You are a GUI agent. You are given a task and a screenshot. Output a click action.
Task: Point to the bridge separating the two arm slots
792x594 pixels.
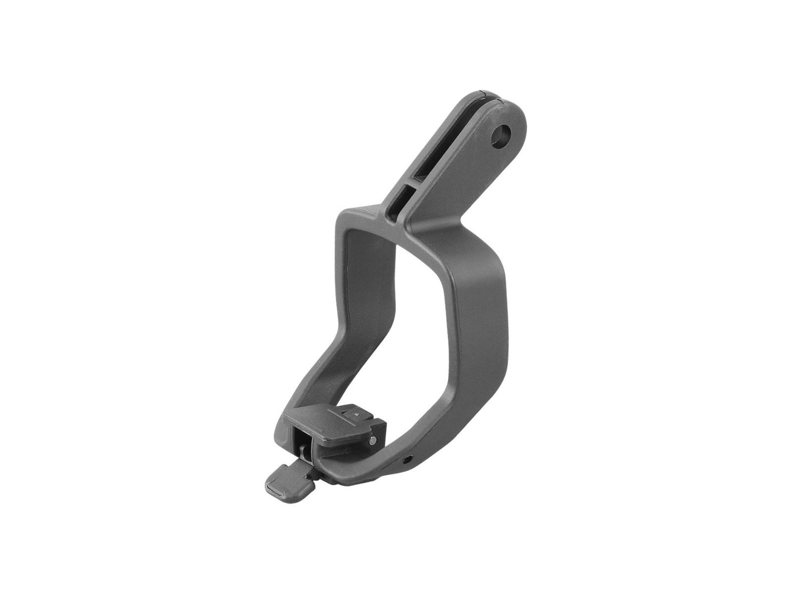[407, 184]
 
